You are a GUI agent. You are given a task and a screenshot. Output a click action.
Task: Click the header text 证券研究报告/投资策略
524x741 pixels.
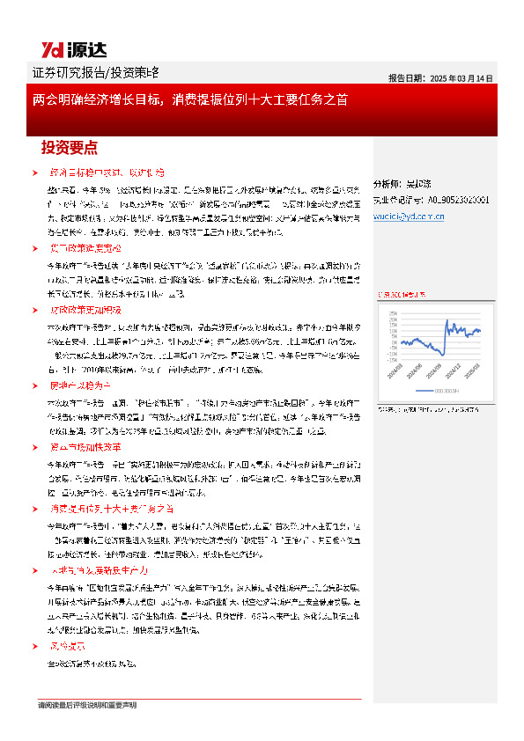point(95,72)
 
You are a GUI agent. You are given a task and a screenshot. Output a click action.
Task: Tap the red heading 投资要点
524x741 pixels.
point(70,146)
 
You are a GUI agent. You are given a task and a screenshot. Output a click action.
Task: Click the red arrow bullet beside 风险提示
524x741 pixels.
point(34,645)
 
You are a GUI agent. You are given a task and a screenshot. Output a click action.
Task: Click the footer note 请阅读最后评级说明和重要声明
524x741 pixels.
point(88,706)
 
